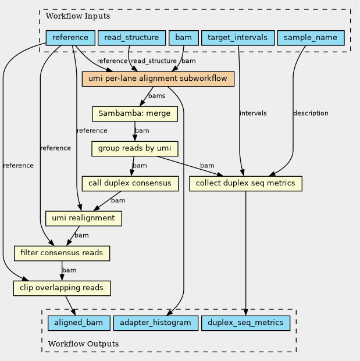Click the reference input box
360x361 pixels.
[70, 38]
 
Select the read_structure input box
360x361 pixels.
[132, 38]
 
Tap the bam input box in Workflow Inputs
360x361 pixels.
[184, 38]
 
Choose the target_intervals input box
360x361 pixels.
[238, 38]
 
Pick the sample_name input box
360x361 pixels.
[311, 38]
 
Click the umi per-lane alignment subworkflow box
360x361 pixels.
[158, 79]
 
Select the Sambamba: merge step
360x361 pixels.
[135, 114]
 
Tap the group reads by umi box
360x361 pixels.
[135, 149]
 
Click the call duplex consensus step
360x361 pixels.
[130, 184]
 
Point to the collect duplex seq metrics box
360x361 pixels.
[245, 184]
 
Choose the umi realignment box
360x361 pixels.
[84, 219]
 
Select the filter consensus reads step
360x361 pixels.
[62, 253]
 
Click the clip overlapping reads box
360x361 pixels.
[62, 288]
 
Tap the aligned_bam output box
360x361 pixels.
[79, 323]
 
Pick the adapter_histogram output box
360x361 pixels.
[156, 323]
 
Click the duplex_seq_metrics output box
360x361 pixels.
[245, 323]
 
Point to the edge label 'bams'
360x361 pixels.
[157, 96]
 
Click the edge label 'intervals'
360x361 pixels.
[253, 113]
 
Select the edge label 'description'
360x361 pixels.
[311, 113]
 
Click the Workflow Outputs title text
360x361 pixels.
[83, 344]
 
